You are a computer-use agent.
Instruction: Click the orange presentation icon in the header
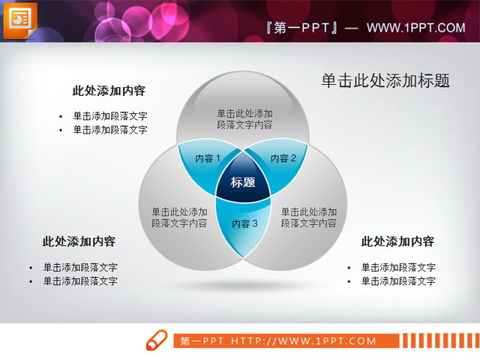click(19, 19)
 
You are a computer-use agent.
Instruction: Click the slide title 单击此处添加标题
click(385, 81)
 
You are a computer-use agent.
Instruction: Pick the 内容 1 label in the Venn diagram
click(208, 158)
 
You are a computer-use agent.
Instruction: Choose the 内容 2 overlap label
click(283, 158)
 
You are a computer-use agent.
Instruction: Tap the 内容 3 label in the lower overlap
click(244, 223)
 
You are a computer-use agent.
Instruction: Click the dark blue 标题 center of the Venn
click(243, 182)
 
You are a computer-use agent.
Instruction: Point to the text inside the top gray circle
click(244, 119)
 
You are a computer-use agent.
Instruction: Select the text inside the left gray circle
click(179, 217)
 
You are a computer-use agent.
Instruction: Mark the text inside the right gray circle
click(309, 217)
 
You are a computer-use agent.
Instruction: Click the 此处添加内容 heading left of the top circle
click(109, 91)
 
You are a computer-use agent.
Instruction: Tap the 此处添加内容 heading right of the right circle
click(397, 241)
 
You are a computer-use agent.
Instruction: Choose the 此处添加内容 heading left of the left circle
click(79, 241)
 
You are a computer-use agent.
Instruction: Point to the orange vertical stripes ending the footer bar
click(439, 341)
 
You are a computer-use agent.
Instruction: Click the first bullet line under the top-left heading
click(109, 116)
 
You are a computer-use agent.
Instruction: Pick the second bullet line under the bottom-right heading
click(397, 281)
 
